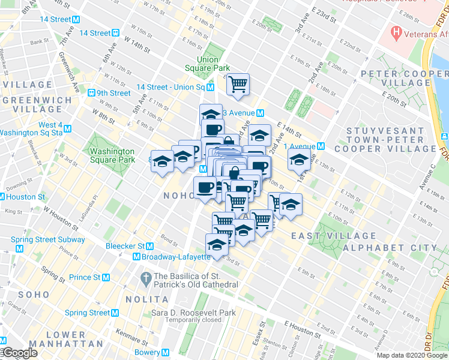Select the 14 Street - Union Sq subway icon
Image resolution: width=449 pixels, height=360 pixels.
click(211, 87)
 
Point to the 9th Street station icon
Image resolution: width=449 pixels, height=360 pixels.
click(92, 93)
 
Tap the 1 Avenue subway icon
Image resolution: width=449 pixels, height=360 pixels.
click(321, 146)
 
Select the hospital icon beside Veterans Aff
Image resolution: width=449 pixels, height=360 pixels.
click(396, 30)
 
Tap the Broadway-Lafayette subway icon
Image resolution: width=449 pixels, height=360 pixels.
click(136, 257)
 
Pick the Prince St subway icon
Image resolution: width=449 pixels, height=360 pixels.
click(106, 277)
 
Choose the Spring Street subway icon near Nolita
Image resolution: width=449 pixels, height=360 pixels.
click(115, 313)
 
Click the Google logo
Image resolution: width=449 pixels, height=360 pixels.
click(20, 353)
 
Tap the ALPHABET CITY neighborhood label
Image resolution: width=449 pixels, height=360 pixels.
click(400, 247)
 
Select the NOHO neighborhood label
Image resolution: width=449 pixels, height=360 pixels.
click(178, 196)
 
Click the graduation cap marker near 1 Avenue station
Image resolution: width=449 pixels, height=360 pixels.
click(299, 159)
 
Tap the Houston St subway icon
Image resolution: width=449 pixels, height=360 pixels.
click(2, 197)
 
